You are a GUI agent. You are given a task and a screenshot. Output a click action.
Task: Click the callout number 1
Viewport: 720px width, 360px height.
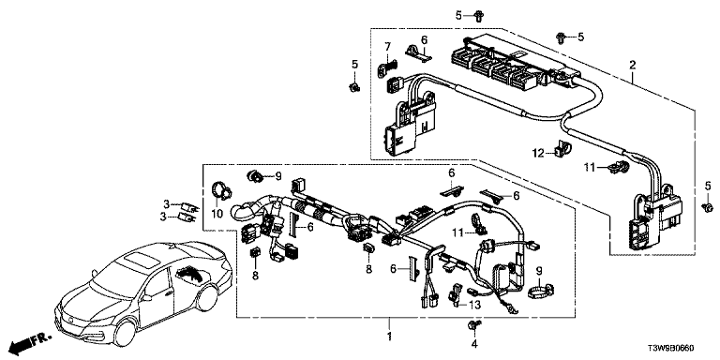pos(389,337)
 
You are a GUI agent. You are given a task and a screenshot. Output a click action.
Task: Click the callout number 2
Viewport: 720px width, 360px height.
pos(632,66)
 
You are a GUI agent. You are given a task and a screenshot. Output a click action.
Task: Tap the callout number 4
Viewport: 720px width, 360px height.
pos(474,343)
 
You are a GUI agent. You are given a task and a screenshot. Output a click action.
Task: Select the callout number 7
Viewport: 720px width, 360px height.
pos(387,46)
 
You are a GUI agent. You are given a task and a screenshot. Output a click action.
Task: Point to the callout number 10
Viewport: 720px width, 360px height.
pos(217,214)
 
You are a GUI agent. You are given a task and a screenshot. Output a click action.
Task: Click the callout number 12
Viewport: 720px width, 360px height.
pos(538,153)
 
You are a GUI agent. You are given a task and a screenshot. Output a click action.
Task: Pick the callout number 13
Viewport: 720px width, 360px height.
pos(474,304)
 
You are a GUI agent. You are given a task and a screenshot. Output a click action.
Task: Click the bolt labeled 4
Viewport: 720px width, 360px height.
pos(473,326)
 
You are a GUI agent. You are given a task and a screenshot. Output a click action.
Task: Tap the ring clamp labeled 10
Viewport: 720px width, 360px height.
pos(221,190)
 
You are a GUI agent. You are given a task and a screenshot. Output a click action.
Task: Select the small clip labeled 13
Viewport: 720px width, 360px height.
pos(456,294)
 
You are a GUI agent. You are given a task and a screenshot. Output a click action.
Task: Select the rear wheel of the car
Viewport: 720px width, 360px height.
pos(208,297)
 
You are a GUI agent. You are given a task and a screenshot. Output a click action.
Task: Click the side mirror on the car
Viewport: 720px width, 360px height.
pos(147,298)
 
